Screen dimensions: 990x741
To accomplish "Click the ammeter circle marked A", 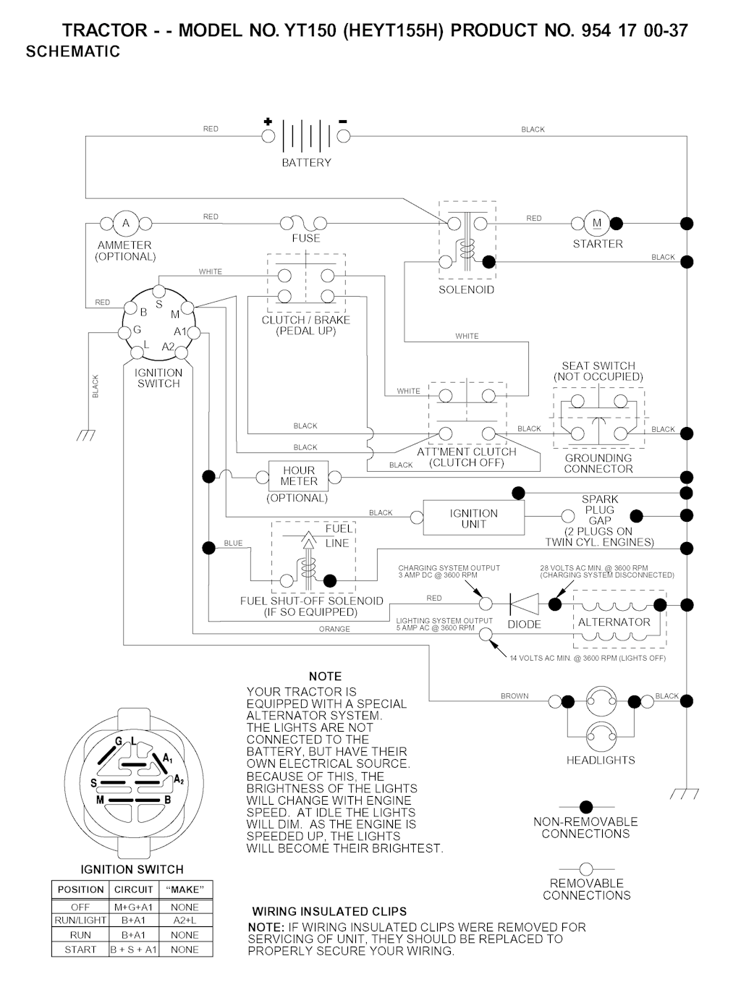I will pyautogui.click(x=126, y=223).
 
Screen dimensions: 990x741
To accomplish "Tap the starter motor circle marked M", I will pyautogui.click(x=597, y=223).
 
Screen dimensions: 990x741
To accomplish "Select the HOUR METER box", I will pyautogui.click(x=299, y=476).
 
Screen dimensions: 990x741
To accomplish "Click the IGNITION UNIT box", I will pyautogui.click(x=474, y=518).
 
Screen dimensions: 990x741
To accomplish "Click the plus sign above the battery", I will pyautogui.click(x=268, y=122).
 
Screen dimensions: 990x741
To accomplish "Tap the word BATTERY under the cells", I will pyautogui.click(x=306, y=163).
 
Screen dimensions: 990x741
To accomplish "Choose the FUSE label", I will pyautogui.click(x=306, y=238).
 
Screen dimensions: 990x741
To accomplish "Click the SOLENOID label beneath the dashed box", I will pyautogui.click(x=467, y=290).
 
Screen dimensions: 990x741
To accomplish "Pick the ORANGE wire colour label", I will pyautogui.click(x=334, y=630).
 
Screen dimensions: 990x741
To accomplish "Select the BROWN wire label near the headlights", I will pyautogui.click(x=515, y=696).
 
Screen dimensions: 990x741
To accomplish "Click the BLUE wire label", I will pyautogui.click(x=233, y=543).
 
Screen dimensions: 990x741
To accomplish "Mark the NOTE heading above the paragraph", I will pyautogui.click(x=325, y=677).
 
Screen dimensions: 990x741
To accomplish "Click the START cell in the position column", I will pyautogui.click(x=80, y=949).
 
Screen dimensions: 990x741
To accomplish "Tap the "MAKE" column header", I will pyautogui.click(x=185, y=889).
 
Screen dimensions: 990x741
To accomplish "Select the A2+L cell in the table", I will pyautogui.click(x=185, y=921).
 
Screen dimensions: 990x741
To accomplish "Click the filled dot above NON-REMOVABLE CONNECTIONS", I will pyautogui.click(x=586, y=807).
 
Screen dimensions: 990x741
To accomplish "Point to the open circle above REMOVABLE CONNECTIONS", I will pyautogui.click(x=586, y=868).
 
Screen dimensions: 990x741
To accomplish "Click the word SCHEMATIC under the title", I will pyautogui.click(x=73, y=52).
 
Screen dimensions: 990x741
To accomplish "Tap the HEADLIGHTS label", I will pyautogui.click(x=601, y=761).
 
